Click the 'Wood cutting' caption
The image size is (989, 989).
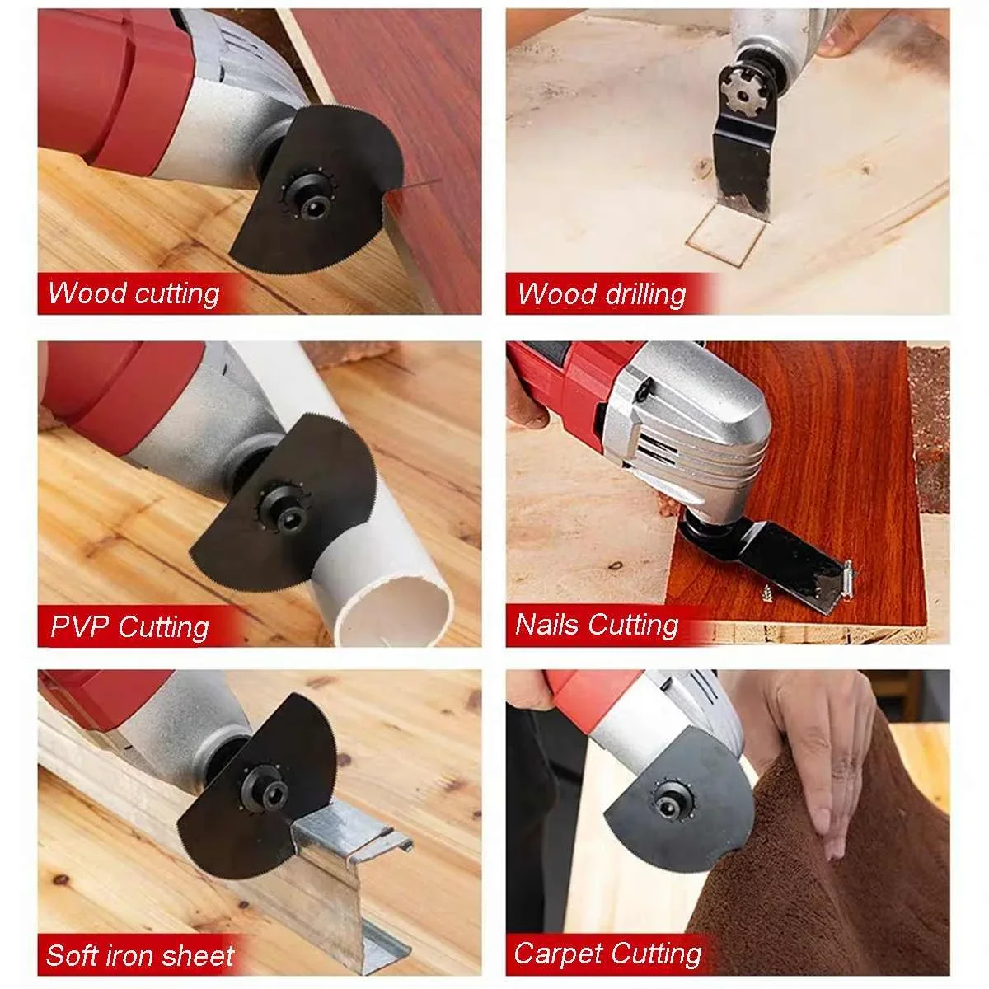pos(134,293)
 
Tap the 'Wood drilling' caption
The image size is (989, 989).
pos(602,294)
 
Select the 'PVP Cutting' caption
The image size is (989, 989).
pos(130,626)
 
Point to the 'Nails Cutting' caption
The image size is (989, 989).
pos(597,625)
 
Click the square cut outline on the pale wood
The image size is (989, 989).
pos(724,235)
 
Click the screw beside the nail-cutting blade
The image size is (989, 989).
pos(766,593)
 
